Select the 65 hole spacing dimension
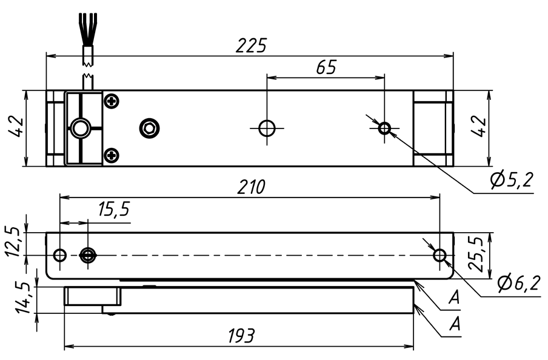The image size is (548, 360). (x=326, y=67)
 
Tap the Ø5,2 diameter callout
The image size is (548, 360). (x=510, y=180)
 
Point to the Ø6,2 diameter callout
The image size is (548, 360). (x=518, y=282)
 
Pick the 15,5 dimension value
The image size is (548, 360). (x=113, y=209)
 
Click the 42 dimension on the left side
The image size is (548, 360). (x=16, y=128)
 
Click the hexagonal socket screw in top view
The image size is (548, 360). (x=149, y=128)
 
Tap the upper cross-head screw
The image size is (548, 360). (x=111, y=101)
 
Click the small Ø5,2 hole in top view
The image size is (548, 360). (x=384, y=128)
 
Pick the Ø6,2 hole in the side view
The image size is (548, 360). (x=440, y=256)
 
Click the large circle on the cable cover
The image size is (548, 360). (x=79, y=128)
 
